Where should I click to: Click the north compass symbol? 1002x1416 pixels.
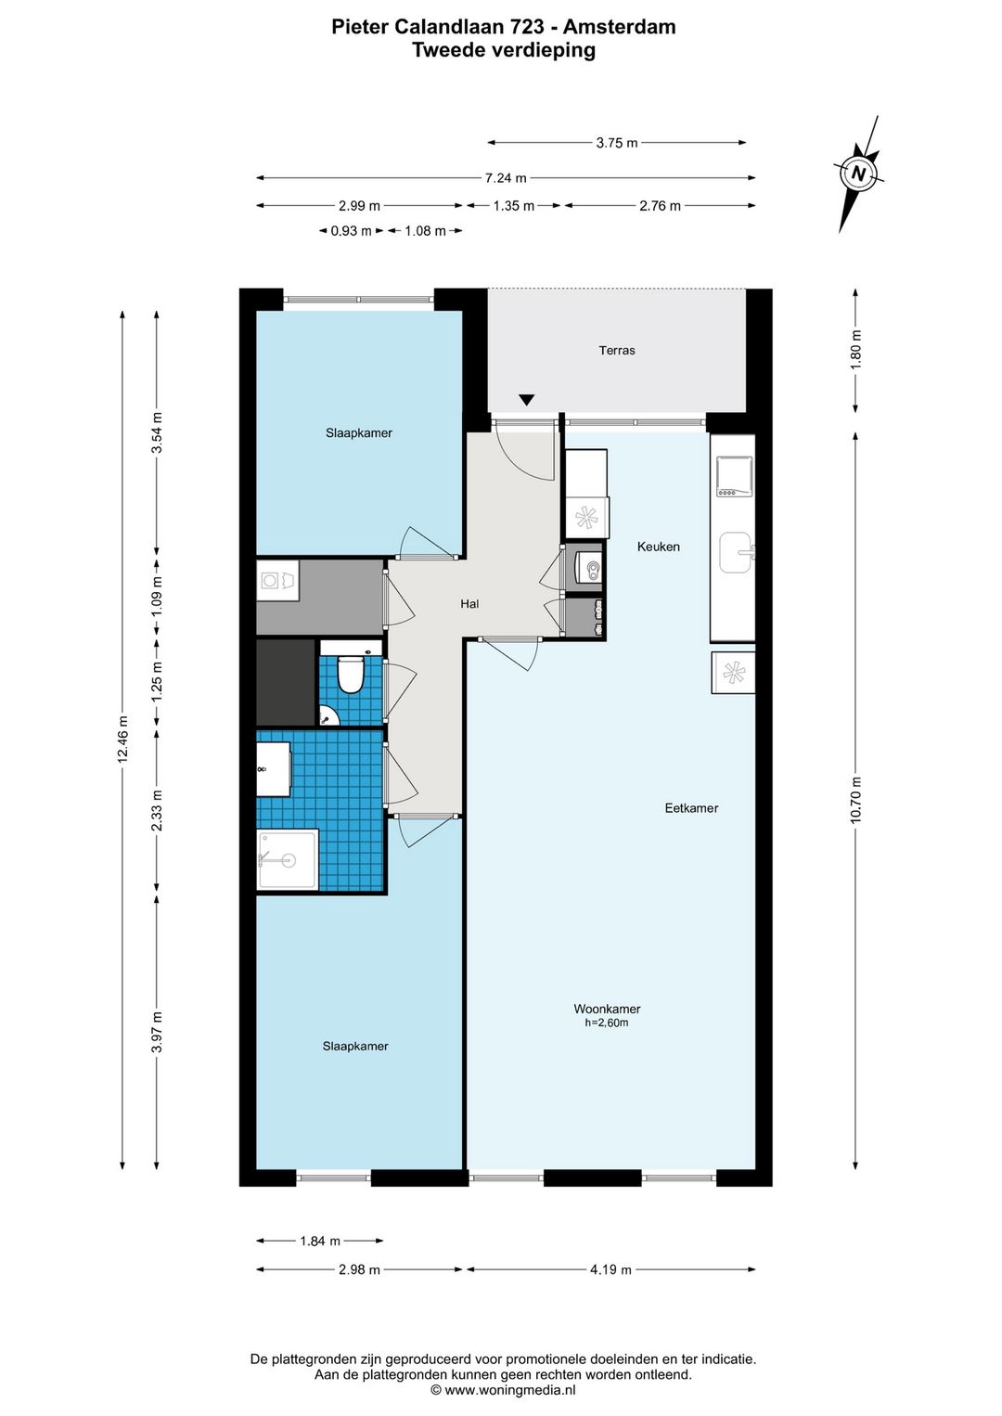tap(858, 174)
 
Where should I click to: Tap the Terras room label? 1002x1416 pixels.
tap(616, 350)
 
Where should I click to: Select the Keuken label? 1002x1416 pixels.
tap(658, 547)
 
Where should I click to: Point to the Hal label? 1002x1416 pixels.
tap(469, 604)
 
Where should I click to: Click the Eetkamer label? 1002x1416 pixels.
tap(691, 808)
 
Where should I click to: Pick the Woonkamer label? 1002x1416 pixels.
tap(607, 1009)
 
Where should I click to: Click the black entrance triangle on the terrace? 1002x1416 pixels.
tap(527, 400)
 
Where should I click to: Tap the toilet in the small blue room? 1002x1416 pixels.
tap(350, 674)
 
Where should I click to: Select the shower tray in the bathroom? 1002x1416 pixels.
tap(287, 859)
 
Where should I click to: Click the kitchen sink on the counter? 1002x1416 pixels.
tap(737, 552)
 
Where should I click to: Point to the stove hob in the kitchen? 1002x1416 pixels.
tap(733, 475)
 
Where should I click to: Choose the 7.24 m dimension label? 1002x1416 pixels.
tap(506, 178)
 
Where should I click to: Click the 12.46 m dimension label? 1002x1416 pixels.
tap(122, 739)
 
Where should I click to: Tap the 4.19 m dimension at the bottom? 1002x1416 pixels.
tap(610, 1269)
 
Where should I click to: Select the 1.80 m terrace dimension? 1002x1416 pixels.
tap(855, 350)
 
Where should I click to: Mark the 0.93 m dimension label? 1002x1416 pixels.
tap(351, 231)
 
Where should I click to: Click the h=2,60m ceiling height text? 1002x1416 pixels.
tap(606, 1023)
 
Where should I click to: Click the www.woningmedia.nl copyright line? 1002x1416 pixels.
tap(503, 1390)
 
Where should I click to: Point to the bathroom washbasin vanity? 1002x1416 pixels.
tap(274, 768)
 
